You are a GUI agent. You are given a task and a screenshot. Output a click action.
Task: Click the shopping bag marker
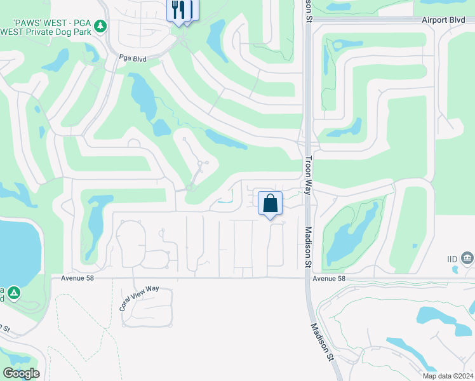point(270,204)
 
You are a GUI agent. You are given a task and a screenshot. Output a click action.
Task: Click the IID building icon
point(468,257)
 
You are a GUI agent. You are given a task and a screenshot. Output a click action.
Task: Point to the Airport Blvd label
point(443,20)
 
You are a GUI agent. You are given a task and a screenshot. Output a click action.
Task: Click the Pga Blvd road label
point(133,58)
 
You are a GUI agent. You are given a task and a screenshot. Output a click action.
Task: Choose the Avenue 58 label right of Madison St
point(328,278)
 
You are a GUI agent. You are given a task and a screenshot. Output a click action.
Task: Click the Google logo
point(21,373)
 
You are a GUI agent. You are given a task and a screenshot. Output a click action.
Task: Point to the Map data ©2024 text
point(448,376)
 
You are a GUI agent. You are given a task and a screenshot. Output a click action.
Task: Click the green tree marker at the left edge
point(13,293)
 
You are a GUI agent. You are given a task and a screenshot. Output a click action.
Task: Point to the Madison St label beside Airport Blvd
point(309,11)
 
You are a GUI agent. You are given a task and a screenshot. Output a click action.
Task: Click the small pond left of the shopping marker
point(224,202)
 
